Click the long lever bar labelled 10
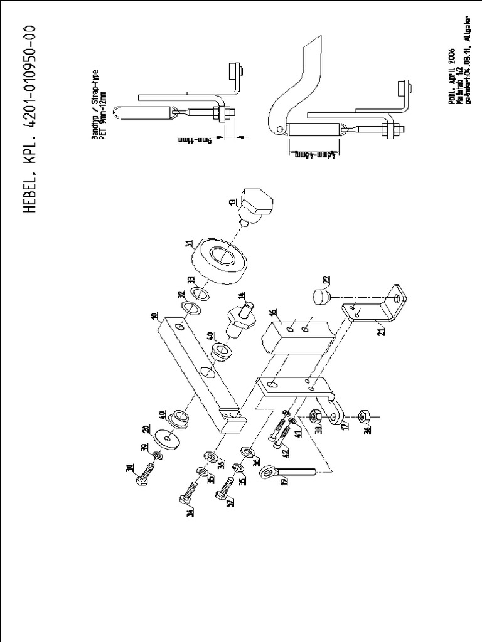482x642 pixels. click(x=198, y=370)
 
